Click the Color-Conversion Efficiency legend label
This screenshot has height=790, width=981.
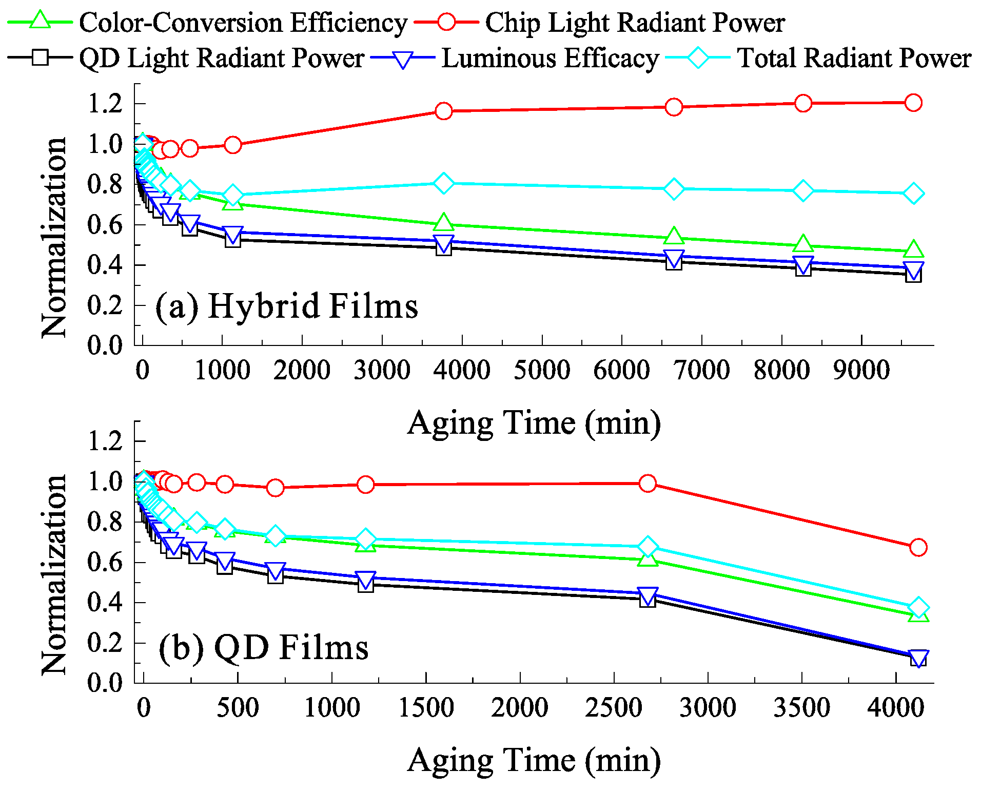[x=243, y=23]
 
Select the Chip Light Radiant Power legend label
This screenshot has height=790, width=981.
[x=635, y=23]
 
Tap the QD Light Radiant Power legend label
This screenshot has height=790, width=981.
[x=222, y=58]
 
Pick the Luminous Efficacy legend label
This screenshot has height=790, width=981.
[x=550, y=58]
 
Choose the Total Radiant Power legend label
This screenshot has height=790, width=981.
[x=854, y=58]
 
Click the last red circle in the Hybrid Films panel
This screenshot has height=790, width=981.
[x=913, y=103]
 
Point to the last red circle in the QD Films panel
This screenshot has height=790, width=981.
[x=918, y=547]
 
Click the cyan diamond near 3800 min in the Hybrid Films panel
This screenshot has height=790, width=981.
[x=443, y=183]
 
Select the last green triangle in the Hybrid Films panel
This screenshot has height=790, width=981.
[x=913, y=250]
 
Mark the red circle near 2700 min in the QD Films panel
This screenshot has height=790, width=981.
[x=648, y=484]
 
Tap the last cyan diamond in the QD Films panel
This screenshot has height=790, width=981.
[x=918, y=608]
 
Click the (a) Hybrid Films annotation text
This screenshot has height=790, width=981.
[x=286, y=306]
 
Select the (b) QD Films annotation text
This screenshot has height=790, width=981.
[x=263, y=648]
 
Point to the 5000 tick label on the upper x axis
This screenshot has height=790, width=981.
[x=541, y=370]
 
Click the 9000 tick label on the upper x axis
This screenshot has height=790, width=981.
[x=861, y=370]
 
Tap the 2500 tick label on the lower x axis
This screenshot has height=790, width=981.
[x=613, y=708]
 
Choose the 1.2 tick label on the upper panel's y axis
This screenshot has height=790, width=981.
[x=105, y=104]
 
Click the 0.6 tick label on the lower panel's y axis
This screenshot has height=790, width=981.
[x=105, y=563]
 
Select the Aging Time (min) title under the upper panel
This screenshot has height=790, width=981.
[x=534, y=423]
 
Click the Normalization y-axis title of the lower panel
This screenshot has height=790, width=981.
[x=54, y=575]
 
